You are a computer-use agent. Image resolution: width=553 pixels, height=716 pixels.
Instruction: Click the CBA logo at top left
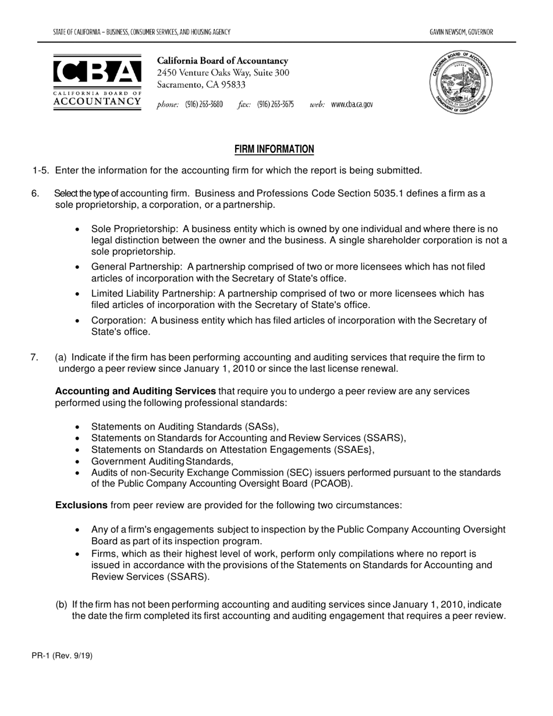coord(97,82)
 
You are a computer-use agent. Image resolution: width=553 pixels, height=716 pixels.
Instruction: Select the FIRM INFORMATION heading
coord(274,150)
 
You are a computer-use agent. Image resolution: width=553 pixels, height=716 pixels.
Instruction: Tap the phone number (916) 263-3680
coord(204,105)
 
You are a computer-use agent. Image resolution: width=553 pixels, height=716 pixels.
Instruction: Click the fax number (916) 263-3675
coord(275,105)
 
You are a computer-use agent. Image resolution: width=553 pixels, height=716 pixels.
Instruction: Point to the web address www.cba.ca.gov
coord(352,105)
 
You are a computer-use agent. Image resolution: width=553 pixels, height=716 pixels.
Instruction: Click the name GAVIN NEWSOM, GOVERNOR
coord(461,32)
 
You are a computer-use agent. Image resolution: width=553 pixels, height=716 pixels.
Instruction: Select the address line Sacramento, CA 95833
coord(201,85)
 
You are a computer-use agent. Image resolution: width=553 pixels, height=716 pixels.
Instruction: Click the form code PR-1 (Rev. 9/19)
coord(62,655)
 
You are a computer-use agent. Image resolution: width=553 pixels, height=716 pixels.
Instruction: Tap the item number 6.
coord(35,193)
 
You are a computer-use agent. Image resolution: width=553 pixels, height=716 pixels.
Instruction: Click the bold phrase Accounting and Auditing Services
coord(136,391)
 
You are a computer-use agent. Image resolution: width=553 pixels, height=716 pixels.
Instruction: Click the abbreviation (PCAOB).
coord(331,484)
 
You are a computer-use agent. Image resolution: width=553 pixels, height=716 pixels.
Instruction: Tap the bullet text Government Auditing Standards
coord(162,461)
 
